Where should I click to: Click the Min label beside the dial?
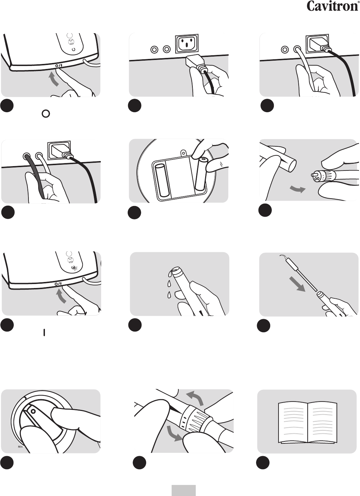point(20,447)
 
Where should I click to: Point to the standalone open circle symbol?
point(46,114)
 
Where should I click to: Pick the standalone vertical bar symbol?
point(44,332)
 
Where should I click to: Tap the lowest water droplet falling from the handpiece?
point(169,294)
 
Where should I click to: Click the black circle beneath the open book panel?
point(263,462)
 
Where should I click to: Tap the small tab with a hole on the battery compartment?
point(183,153)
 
